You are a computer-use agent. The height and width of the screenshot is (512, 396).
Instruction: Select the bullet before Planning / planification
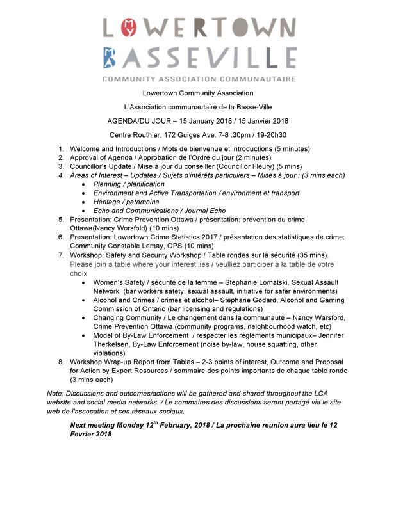pos(86,184)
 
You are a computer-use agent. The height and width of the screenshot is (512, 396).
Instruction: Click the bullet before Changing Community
pos(86,317)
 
